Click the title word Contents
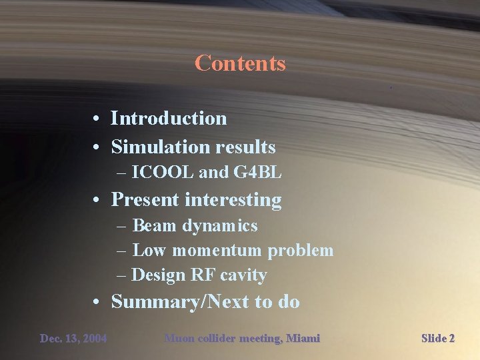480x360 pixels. point(240,63)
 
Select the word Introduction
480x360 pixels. point(169,118)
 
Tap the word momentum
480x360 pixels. point(217,251)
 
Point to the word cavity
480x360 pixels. point(243,275)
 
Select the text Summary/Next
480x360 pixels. point(179,301)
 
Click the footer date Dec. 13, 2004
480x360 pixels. point(73,339)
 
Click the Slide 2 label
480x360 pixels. point(438,339)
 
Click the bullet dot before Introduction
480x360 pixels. point(97,119)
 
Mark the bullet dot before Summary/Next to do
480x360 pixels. point(97,302)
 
